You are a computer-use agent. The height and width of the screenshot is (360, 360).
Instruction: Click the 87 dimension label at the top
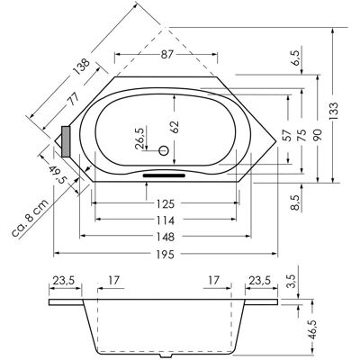click(x=167, y=55)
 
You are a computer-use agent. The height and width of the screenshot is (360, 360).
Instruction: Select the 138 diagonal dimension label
click(x=80, y=68)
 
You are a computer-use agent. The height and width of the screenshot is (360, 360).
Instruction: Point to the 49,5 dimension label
click(x=58, y=175)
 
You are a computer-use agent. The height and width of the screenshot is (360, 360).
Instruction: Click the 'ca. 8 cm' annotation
click(x=31, y=218)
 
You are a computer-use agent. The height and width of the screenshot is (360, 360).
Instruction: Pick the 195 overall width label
click(x=166, y=255)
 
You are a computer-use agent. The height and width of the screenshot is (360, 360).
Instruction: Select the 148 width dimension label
click(x=166, y=237)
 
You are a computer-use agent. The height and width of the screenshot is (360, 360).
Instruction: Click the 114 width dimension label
click(x=166, y=220)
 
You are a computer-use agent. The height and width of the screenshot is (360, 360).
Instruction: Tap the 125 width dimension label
click(x=166, y=204)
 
